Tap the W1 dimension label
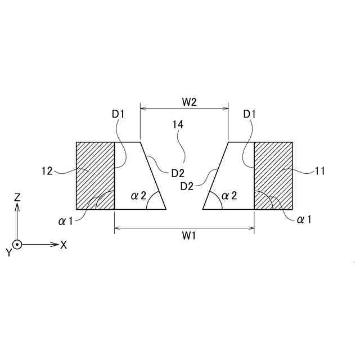pos(189,236)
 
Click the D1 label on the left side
pos(118,114)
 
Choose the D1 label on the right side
pos(250,114)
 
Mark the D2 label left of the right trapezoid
pos(187,186)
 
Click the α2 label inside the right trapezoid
pos(229,195)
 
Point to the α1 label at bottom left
pos(66,220)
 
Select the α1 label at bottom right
pos(304,219)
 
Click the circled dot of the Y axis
pos(17,245)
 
